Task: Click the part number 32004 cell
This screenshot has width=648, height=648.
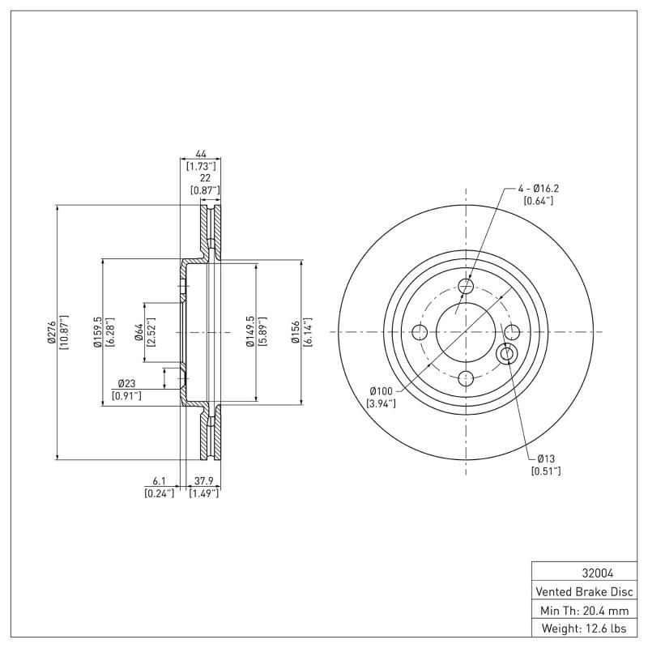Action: pos(583,572)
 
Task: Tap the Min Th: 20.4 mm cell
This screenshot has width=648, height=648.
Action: pos(583,609)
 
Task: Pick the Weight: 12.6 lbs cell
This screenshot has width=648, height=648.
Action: pos(583,628)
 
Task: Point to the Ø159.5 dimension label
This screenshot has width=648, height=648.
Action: pos(96,332)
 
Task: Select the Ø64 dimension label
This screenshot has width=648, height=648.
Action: pos(139,332)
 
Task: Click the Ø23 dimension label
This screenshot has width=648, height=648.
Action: pos(126,383)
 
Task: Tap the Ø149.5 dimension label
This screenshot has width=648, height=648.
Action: pos(250,332)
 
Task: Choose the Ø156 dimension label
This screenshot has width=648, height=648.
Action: pos(296,332)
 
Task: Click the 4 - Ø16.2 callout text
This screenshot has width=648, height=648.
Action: pos(539,189)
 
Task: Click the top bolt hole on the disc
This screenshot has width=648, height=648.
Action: pos(466,286)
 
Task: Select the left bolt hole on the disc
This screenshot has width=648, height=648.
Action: pos(420,332)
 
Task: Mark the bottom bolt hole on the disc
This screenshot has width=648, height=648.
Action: pos(466,377)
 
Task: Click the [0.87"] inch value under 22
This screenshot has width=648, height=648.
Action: pos(204,190)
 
